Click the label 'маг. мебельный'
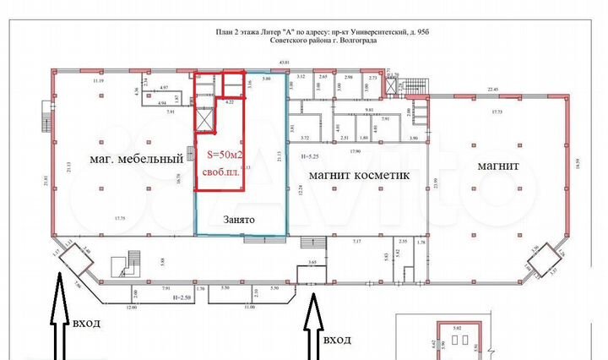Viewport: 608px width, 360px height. pos(138,158)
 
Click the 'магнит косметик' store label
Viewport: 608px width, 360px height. pos(358,176)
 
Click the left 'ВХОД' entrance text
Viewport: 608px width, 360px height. pos(88,324)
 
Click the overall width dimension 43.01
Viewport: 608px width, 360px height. pos(285,63)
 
